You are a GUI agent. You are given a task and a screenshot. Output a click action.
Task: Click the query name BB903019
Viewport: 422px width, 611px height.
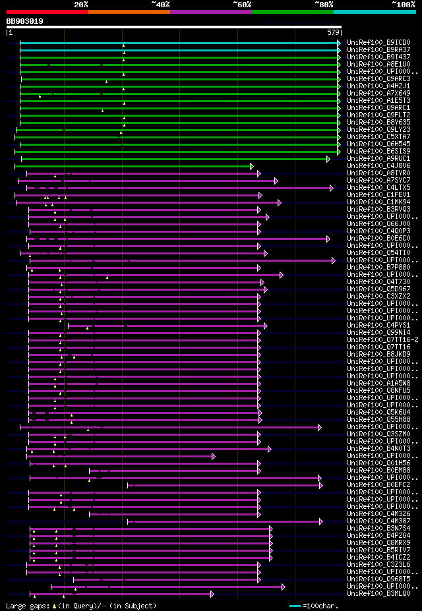[25, 21]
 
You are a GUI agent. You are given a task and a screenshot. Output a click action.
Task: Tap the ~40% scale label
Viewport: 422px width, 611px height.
[160, 4]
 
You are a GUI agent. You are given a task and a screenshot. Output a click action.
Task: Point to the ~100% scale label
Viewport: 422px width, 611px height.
[403, 4]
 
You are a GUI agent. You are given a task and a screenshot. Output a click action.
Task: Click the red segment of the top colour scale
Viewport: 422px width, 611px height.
[47, 12]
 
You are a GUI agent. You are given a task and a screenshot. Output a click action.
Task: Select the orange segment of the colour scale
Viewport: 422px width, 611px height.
[129, 12]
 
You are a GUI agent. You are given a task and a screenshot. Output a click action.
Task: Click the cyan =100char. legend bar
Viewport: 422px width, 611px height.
[295, 606]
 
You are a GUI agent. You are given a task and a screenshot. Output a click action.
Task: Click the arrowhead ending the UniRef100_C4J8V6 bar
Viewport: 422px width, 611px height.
[251, 166]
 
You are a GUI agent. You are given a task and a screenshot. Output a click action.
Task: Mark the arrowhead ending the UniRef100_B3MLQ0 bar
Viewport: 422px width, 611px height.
[212, 594]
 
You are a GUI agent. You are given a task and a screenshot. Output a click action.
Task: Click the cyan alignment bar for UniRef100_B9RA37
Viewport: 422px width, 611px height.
[178, 50]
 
